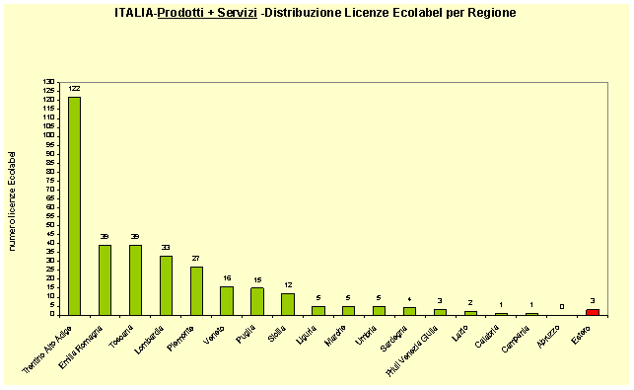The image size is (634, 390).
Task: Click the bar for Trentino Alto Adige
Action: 75,205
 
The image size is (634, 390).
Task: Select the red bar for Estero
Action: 593,312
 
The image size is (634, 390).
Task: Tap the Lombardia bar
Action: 166,285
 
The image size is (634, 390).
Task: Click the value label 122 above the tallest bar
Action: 75,89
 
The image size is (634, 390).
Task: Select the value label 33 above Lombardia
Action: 166,248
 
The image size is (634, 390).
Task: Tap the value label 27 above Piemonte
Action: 196,259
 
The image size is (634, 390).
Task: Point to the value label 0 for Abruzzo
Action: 562,306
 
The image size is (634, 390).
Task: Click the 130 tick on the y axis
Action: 50,81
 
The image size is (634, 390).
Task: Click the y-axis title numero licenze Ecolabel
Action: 14,200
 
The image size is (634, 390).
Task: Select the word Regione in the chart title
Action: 489,13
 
